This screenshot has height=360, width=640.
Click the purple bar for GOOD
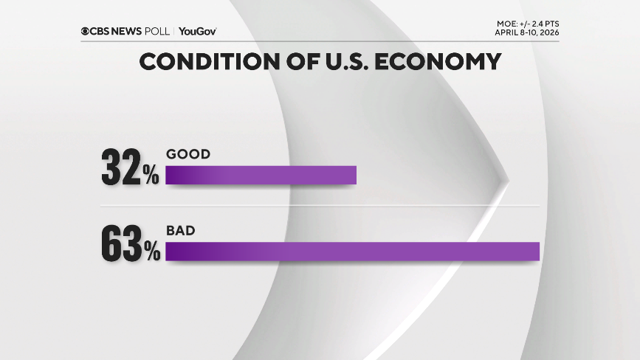point(261,175)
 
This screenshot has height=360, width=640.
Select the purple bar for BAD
point(352,252)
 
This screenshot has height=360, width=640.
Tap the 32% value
point(130,170)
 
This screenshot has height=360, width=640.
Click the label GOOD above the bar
point(188,154)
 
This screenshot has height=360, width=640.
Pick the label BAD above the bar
point(180,231)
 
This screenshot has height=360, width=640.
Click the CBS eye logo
point(86,31)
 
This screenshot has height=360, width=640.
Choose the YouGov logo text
point(198,31)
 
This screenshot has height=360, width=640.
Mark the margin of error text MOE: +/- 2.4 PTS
point(523,24)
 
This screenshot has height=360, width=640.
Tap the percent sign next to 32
point(151,176)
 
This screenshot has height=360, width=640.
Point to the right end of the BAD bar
point(537,252)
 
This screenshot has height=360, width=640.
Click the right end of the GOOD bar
point(354,175)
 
